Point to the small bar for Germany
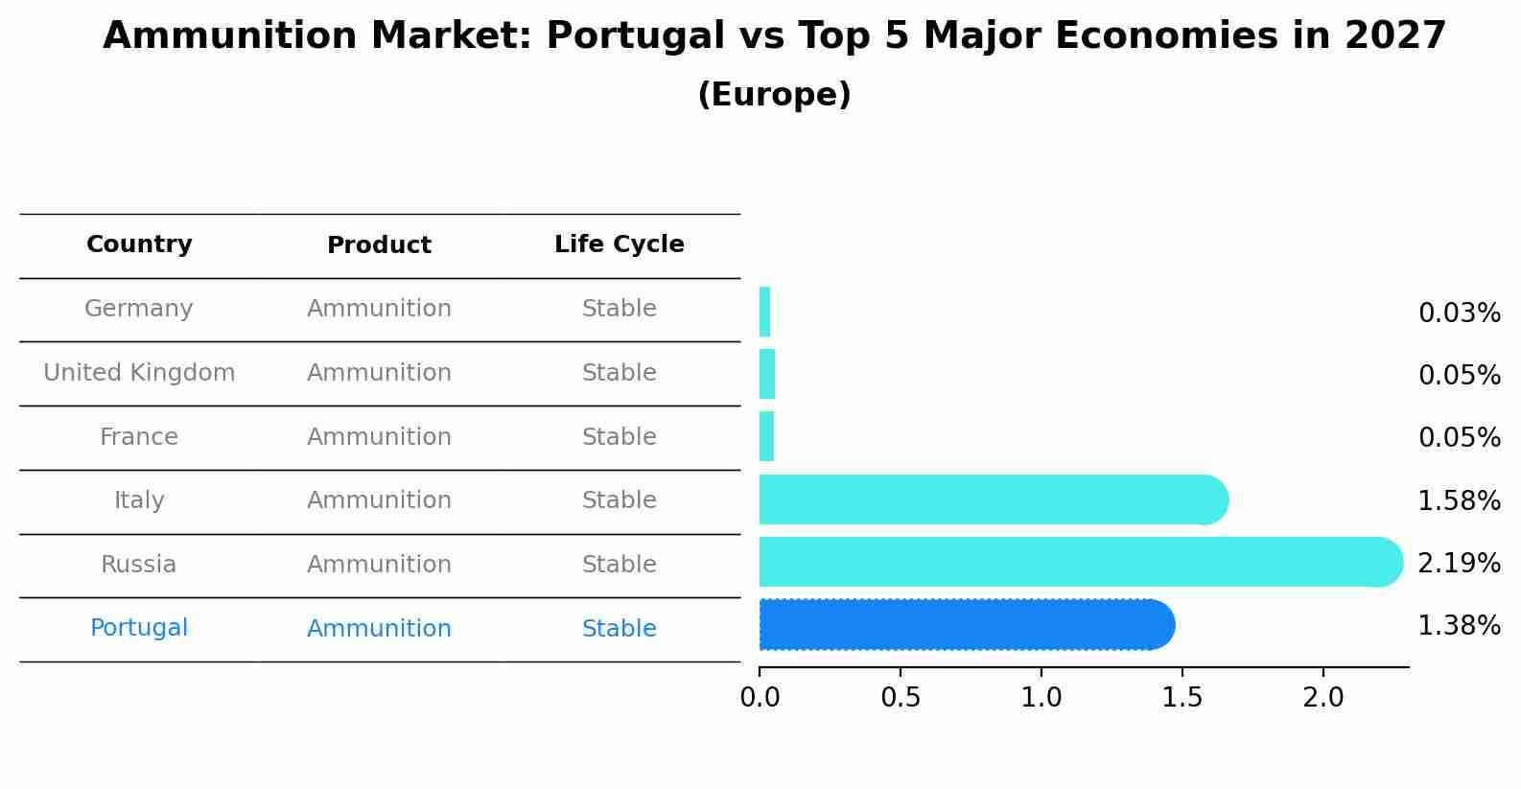764,313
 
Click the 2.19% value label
1459,564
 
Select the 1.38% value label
1459,626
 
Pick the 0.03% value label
1459,313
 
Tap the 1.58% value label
1459,501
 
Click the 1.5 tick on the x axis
1182,698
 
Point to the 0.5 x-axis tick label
901,698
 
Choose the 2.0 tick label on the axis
1323,698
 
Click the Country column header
139,244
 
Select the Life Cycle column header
620,244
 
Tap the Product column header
379,245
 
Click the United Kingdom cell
139,373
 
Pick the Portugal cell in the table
139,628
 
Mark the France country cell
139,437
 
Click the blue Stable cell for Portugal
620,629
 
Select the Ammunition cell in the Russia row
379,565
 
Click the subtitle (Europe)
774,95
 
